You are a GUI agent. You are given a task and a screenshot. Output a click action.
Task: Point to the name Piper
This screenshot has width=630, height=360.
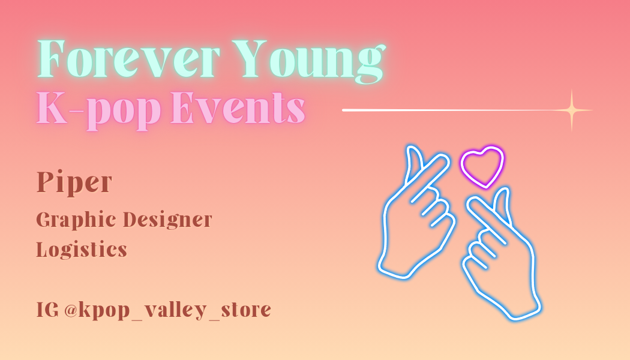[74, 183]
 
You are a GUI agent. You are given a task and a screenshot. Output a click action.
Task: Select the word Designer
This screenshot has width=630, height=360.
[167, 220]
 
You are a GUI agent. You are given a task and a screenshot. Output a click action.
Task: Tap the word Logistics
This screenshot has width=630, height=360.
[82, 250]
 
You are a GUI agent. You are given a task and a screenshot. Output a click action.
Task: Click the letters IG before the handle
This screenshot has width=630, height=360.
[47, 310]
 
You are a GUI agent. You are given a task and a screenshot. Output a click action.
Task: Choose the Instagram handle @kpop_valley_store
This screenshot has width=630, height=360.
[167, 311]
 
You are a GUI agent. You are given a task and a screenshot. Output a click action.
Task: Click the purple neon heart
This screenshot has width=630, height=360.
[482, 167]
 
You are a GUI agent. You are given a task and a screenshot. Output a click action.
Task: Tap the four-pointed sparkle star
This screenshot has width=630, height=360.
[572, 110]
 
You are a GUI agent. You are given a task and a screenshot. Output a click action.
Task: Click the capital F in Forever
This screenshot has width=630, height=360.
[52, 59]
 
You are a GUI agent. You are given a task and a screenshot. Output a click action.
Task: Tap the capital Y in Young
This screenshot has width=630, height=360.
[249, 59]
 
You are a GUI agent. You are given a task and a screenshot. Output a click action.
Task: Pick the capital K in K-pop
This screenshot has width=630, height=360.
[52, 107]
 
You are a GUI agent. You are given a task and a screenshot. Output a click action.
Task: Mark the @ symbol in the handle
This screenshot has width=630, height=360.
[71, 310]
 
